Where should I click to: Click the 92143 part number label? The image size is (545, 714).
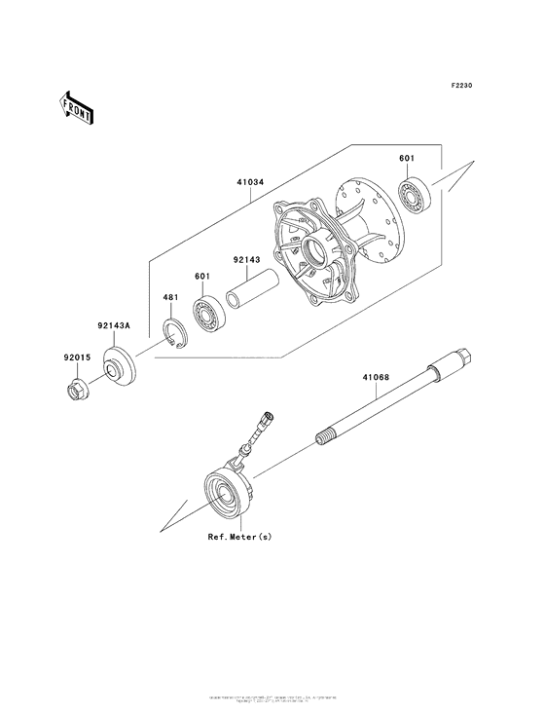[x=245, y=260]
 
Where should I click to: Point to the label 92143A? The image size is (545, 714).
[x=114, y=327]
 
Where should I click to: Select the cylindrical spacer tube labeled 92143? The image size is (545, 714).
[x=251, y=293]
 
